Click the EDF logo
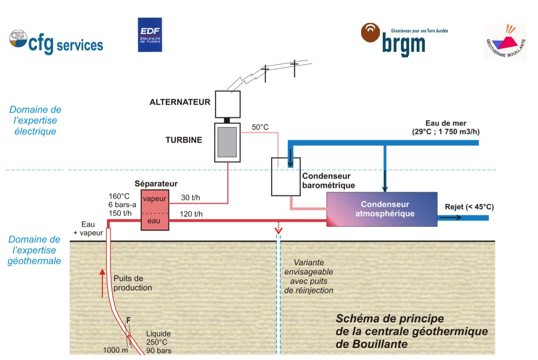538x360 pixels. point(149,35)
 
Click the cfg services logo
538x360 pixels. point(56,42)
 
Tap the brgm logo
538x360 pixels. point(404,40)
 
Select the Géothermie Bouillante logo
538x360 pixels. point(505,41)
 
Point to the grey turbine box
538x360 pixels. point(227,142)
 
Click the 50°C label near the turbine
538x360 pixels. point(259,127)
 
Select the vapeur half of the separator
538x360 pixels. point(154,199)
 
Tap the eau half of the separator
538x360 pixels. point(154,221)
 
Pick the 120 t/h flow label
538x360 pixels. point(191,214)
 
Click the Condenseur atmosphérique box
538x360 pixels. point(382,209)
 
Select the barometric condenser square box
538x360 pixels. point(286,176)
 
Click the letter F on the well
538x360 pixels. point(128,320)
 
